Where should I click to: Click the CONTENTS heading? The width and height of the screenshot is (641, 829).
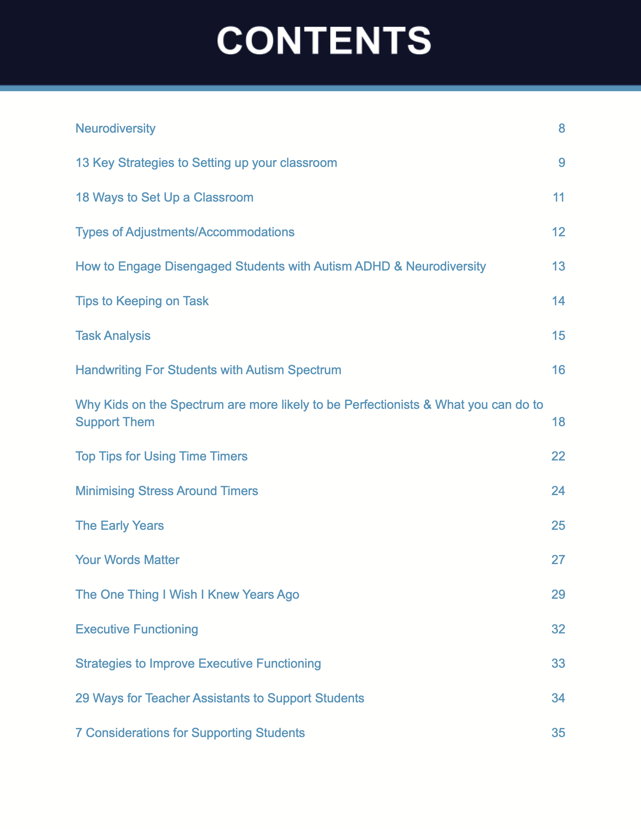[x=324, y=41]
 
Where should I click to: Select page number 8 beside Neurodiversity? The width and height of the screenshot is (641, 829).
[x=561, y=128]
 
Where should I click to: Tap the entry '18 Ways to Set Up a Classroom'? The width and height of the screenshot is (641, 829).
[x=164, y=197]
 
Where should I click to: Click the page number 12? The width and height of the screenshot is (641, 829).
[x=558, y=232]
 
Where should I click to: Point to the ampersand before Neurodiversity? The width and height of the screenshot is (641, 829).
[x=398, y=266]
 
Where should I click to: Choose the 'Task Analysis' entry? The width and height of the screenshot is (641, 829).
[x=113, y=335]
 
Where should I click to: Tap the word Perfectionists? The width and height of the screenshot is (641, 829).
[x=382, y=405]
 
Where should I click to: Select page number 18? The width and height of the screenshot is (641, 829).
[x=558, y=422]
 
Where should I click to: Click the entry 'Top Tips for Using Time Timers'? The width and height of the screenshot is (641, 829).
[x=161, y=456]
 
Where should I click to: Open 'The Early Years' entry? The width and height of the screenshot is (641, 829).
[x=120, y=525]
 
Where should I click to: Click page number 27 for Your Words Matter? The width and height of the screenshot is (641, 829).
[x=558, y=560]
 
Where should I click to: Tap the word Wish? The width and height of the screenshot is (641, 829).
[x=183, y=594]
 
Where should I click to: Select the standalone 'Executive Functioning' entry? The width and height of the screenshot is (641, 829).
[x=137, y=629]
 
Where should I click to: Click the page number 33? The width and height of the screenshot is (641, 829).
[x=558, y=664]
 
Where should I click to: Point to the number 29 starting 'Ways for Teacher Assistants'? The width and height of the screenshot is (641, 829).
[x=83, y=698]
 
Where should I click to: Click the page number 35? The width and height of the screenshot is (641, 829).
[x=558, y=733]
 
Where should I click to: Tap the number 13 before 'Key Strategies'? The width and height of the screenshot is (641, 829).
[x=83, y=163]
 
